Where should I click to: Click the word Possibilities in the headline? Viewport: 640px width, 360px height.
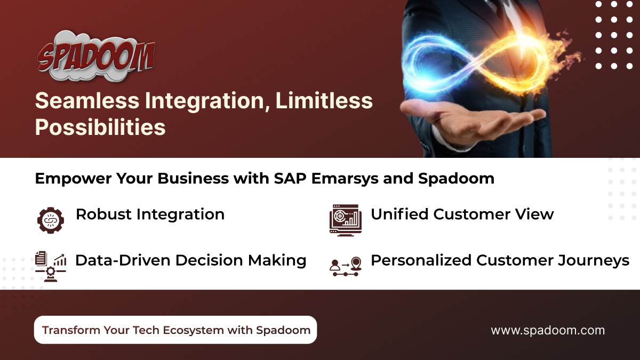tap(100, 127)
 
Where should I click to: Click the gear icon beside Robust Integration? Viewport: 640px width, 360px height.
tap(51, 220)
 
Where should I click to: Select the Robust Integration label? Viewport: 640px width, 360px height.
tap(150, 214)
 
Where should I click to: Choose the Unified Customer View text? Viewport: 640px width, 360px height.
tap(462, 214)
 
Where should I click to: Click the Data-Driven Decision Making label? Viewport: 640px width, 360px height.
tap(190, 260)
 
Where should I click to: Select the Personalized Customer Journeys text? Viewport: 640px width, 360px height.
tap(500, 260)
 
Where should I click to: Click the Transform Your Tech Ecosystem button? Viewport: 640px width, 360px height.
tap(175, 330)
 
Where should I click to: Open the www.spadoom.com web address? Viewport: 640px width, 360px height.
tap(548, 330)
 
